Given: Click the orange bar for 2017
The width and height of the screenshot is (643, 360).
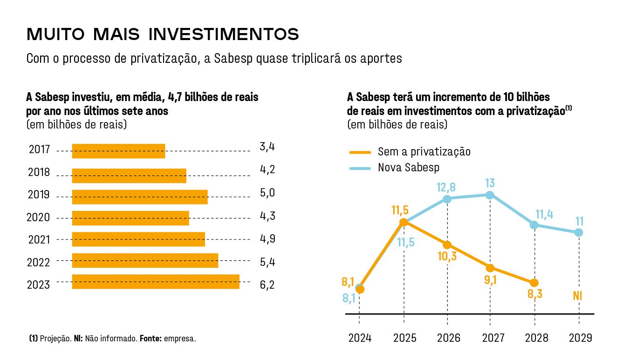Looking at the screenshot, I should point(118,151).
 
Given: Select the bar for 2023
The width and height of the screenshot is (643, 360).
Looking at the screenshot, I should point(155,282).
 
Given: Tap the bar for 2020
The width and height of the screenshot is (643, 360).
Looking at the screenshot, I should point(130,218).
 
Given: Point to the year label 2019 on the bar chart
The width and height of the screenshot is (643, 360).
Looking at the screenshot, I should point(39,195).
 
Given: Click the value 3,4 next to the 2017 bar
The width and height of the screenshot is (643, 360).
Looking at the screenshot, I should point(267,148).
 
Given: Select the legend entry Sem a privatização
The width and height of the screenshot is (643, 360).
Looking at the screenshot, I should point(424,152).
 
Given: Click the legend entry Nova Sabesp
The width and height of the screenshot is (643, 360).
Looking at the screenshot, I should point(408,168).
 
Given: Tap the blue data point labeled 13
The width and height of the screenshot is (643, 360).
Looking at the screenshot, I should point(490,195).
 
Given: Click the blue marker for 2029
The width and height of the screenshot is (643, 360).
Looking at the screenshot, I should point(579,232).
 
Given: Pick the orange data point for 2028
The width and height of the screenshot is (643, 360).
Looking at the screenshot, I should point(534,283).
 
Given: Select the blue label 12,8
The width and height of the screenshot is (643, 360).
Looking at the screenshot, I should point(446,187).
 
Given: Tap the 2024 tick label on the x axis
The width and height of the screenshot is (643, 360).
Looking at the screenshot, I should point(360,338).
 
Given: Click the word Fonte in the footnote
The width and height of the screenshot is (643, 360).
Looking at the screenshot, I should point(150,339).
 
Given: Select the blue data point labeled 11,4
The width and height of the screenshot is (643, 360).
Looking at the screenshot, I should point(534,225).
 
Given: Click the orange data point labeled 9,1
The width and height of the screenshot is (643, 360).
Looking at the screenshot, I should point(490,268).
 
